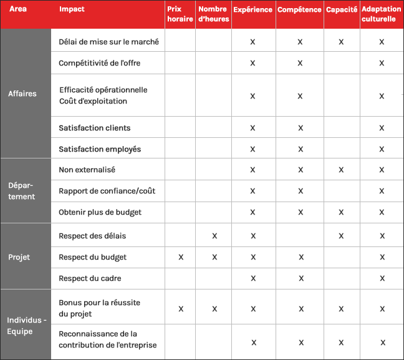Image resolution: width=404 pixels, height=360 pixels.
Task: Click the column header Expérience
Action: coord(252,10)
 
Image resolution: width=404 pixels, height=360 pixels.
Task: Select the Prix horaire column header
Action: coord(180,14)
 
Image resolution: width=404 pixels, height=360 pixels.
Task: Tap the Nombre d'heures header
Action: coord(213,14)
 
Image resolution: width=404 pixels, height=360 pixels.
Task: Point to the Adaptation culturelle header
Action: coord(382,14)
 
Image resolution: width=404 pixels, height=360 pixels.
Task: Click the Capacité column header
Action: coord(342,10)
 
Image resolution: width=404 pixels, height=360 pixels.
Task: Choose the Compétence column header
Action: coord(300,10)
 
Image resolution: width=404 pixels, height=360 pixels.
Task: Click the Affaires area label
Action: coord(22,94)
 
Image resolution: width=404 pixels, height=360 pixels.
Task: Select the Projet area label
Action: coord(19,257)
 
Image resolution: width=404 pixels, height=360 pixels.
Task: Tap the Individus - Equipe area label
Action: coord(26,326)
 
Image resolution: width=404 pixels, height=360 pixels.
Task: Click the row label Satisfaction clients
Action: coord(94,128)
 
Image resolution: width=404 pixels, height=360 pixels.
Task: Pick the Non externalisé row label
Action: coord(87,170)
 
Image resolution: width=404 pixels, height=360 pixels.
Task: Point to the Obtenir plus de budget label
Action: coord(100,212)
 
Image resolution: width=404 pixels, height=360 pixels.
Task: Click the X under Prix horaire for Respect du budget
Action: coord(181,257)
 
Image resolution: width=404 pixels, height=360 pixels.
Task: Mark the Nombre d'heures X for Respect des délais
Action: coord(214,236)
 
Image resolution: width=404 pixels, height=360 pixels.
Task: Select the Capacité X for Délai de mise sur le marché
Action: coord(341,42)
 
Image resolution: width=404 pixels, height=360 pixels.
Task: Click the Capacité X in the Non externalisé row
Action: coord(341,170)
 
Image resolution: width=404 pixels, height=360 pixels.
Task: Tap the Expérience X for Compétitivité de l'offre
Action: coord(252,63)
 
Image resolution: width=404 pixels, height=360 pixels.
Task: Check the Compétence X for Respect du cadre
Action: coord(301,278)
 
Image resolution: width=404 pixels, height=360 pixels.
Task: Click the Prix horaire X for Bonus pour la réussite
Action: coord(181,308)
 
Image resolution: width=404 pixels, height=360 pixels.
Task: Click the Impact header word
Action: coord(72,10)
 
